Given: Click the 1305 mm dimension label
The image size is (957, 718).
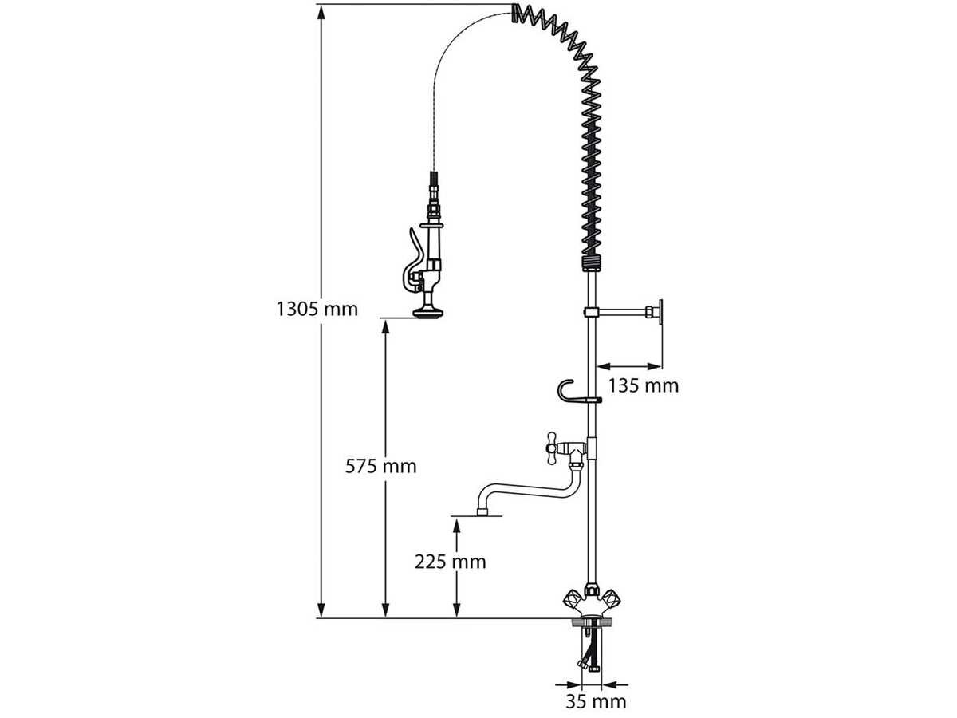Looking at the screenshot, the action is tap(317, 309).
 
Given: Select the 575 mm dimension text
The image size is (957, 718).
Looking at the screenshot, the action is tap(380, 467).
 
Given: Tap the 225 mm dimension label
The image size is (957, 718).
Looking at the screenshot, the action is tap(450, 562).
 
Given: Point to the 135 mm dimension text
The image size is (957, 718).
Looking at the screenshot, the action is tap(643, 386).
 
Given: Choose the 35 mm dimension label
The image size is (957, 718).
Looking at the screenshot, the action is tap(596, 702).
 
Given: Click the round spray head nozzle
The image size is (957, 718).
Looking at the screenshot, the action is tap(427, 312).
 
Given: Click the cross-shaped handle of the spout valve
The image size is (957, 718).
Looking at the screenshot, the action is tap(552, 448).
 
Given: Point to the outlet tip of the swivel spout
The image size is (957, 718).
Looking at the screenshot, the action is tap(482, 512).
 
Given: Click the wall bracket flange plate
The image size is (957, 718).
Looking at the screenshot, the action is tap(660, 312).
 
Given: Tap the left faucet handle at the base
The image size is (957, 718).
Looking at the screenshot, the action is tap(572, 598).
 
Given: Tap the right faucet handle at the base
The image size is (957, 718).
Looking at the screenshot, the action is tap(610, 598).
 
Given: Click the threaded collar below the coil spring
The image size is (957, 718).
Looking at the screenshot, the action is tap(592, 263).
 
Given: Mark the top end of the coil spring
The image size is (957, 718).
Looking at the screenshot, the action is tap(516, 13).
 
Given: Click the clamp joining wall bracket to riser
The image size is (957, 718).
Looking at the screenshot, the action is tap(591, 312).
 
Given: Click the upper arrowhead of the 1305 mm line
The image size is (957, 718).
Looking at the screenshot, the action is tap(321, 12).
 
